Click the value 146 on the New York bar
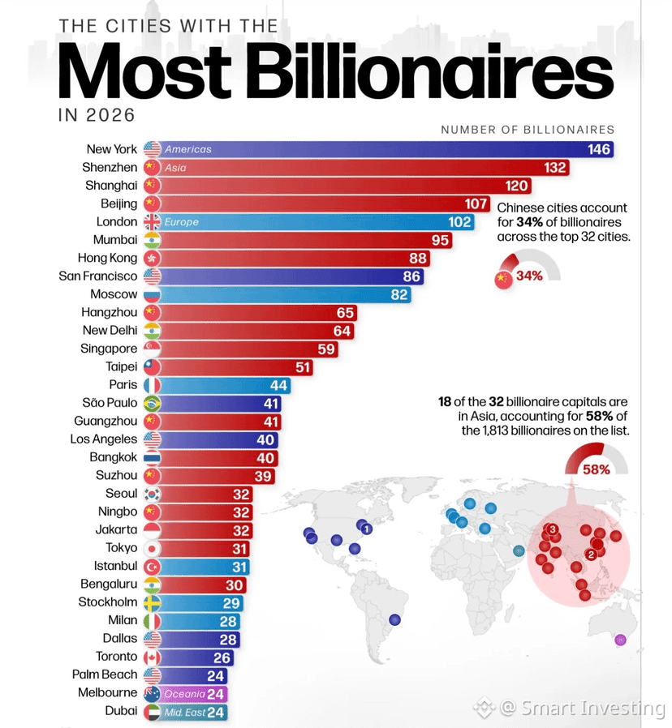pos(599,149)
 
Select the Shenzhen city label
pos(110,167)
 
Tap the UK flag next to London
pos(152,222)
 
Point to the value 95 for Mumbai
pos(440,240)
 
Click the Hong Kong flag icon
pos(152,258)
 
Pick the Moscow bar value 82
pos(398,295)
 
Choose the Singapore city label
pos(109,349)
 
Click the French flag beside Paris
pos(152,385)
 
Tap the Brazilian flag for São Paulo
pos(152,404)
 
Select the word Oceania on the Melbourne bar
pos(184,694)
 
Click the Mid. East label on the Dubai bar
pos(184,713)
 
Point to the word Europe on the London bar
pos(181,222)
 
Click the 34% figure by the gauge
pos(529,276)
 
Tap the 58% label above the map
pos(597,469)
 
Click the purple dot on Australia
pos(620,640)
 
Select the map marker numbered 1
pos(367,529)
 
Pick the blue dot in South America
pos(394,619)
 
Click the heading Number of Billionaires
pos(528,130)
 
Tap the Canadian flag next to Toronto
pos(152,657)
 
